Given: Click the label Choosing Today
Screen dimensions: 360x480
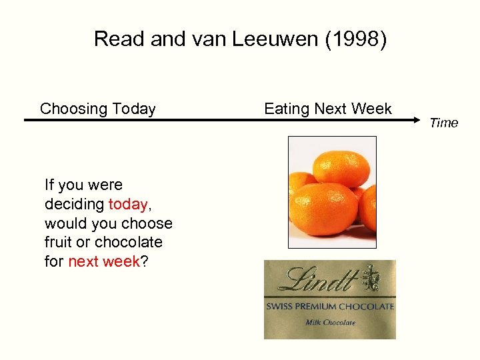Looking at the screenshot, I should tap(98, 109).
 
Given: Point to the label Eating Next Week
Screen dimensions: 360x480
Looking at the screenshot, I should tap(328, 109).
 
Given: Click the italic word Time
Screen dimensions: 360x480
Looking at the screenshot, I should tap(444, 123).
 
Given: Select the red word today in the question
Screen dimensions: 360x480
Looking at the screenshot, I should tap(127, 204).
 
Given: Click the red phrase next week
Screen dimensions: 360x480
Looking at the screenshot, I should tap(104, 261).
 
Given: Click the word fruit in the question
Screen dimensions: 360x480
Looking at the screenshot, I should tap(60, 242).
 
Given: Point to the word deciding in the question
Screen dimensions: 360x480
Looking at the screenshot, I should tap(74, 204).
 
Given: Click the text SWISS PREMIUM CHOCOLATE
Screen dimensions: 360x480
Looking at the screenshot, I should tap(330, 307).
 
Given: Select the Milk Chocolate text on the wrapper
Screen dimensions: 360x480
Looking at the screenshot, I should tap(330, 323).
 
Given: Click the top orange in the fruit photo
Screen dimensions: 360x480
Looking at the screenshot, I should tap(341, 167).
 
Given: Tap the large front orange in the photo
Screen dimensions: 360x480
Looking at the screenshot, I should tap(324, 208).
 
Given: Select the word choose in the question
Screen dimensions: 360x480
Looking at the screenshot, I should tap(151, 223).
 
